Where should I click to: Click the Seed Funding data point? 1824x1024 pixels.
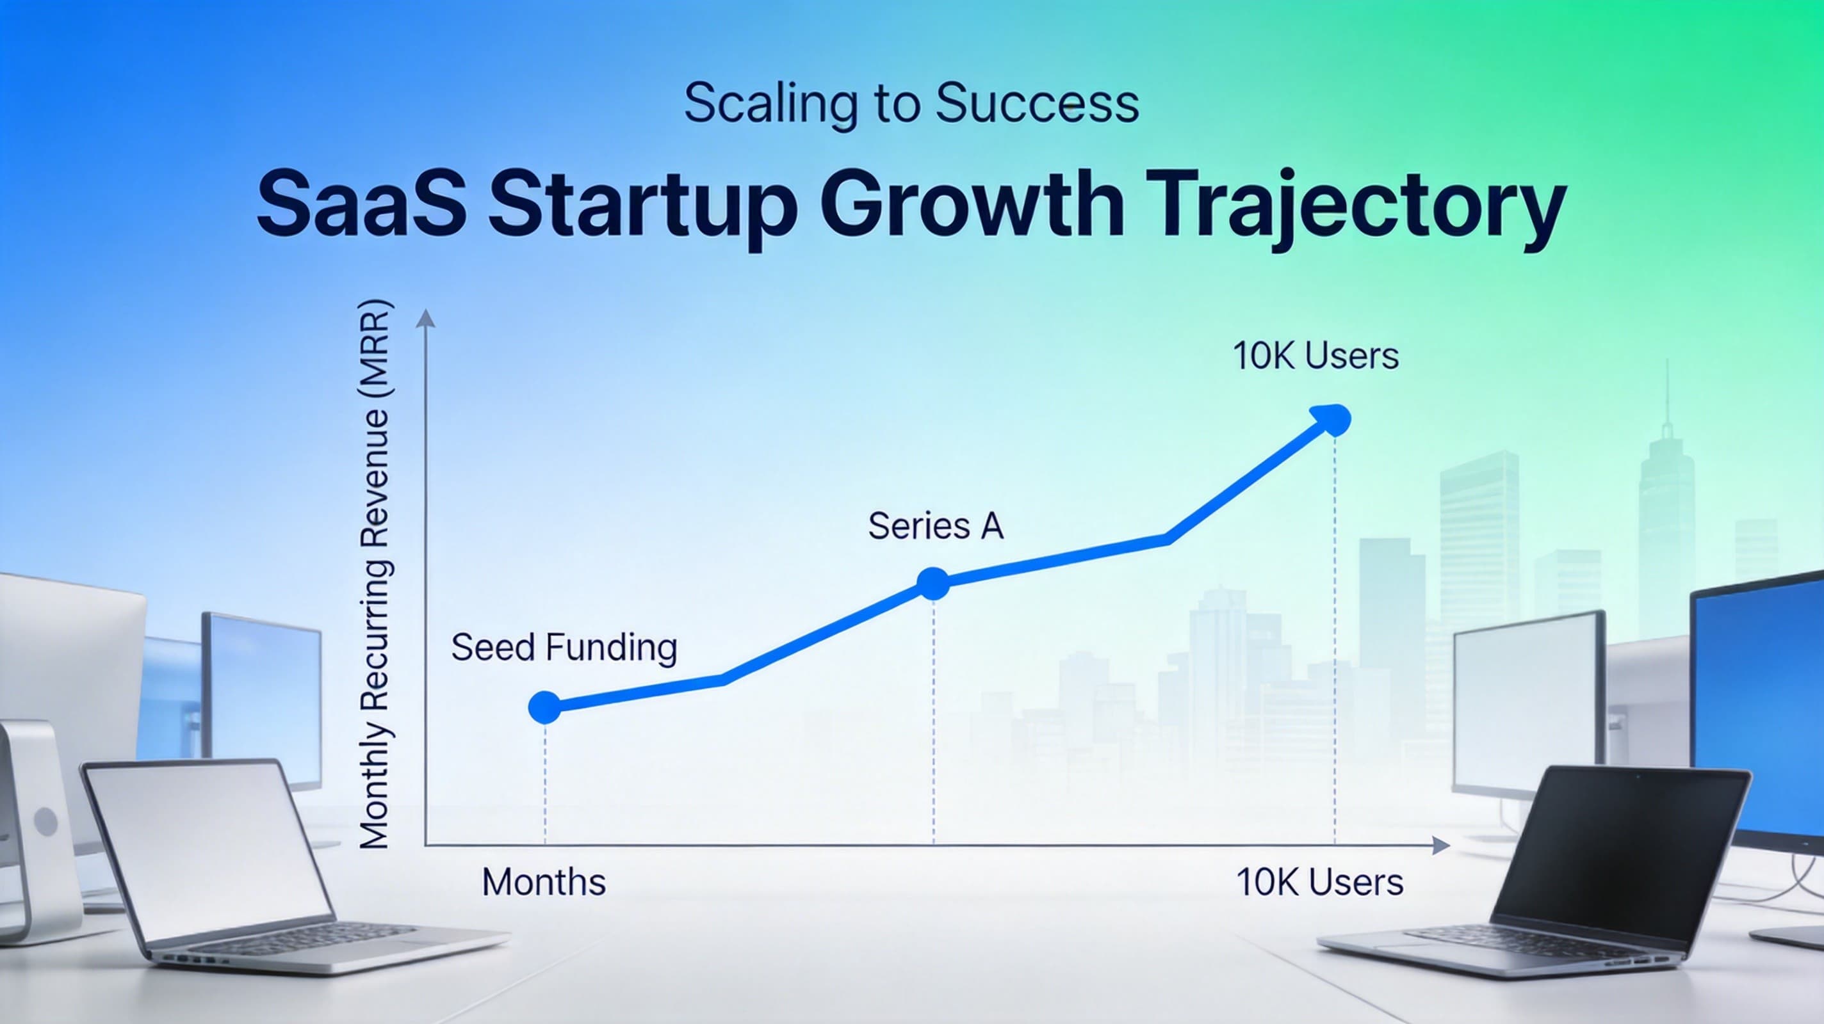[x=544, y=707]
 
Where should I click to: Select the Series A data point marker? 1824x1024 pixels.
[x=933, y=584]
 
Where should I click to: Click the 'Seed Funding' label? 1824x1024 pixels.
[x=564, y=648]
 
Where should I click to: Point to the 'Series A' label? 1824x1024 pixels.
[x=935, y=526]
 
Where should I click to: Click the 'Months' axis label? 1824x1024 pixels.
[x=544, y=883]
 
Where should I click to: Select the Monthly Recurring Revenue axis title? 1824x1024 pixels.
[x=375, y=575]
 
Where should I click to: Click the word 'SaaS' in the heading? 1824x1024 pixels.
[x=362, y=202]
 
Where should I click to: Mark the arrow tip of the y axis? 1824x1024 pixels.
[x=425, y=310]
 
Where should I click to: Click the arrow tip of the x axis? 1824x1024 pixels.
[x=1449, y=845]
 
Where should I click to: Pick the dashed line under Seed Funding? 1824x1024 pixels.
[x=544, y=784]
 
